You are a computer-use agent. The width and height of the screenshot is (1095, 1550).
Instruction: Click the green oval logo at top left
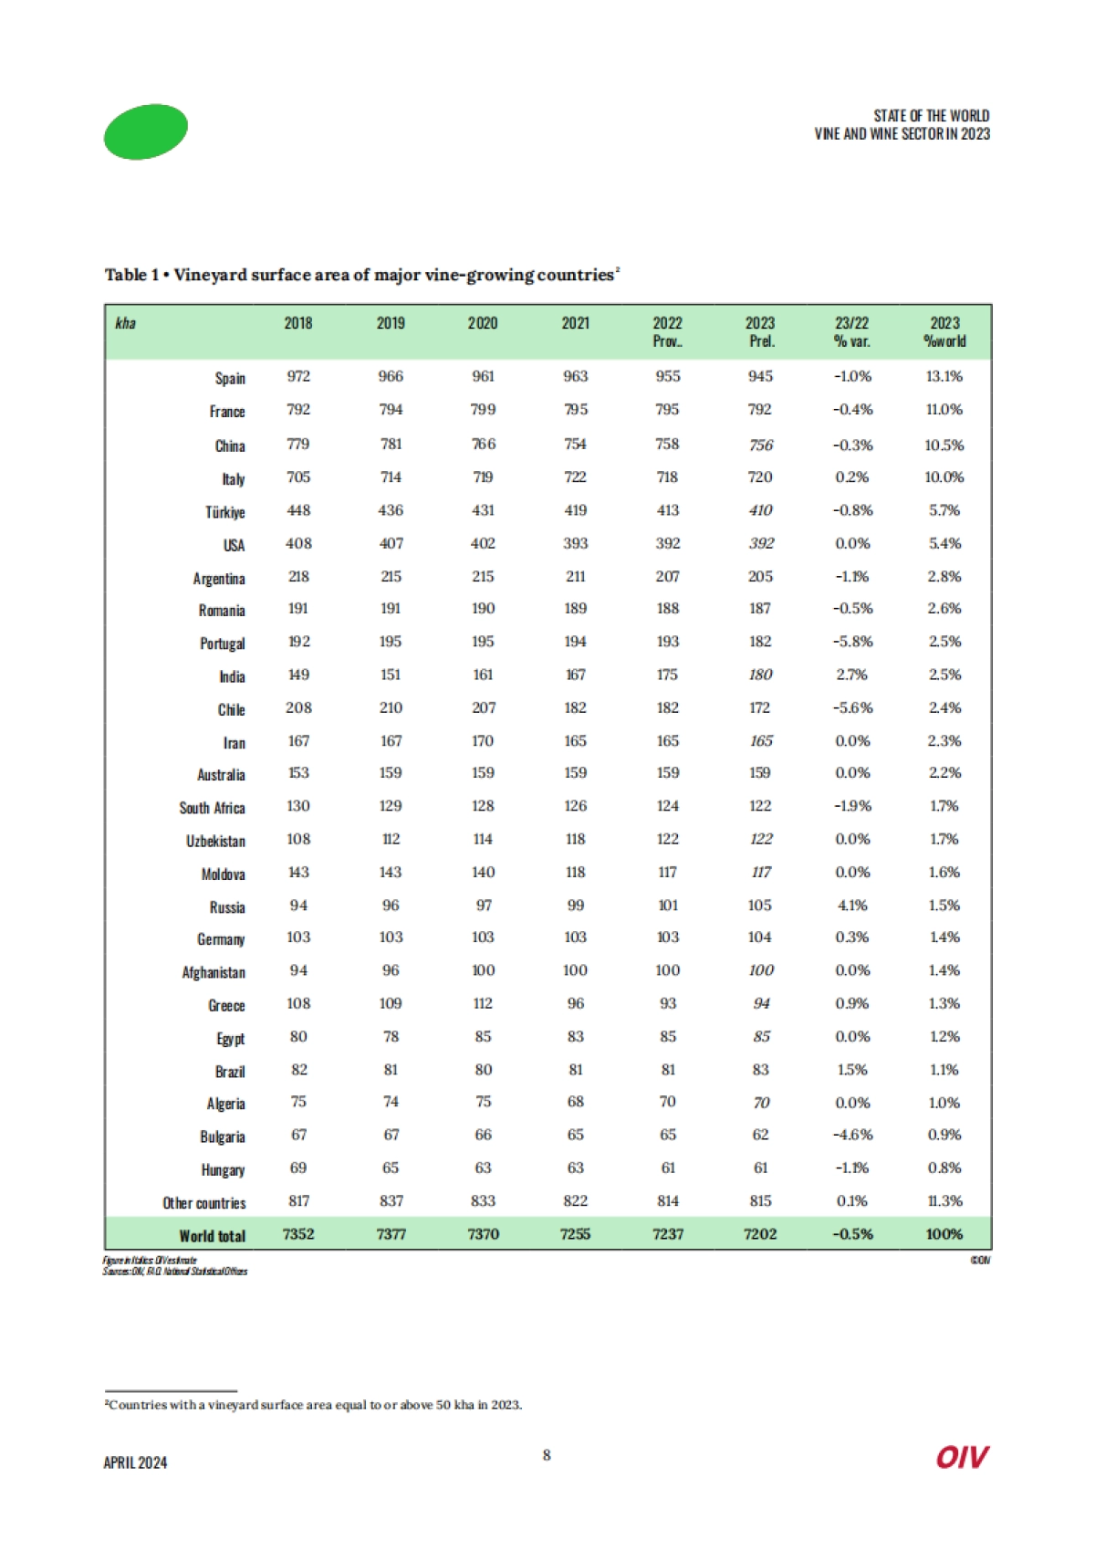(146, 131)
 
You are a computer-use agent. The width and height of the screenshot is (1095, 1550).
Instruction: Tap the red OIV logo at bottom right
(962, 1457)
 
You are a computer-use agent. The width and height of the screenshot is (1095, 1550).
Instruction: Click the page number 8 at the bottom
(547, 1455)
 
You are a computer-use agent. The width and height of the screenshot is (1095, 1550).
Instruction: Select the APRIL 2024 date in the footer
(135, 1462)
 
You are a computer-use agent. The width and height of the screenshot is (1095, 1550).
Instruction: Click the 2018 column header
(298, 323)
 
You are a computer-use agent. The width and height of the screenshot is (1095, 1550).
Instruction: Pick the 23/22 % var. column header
(852, 331)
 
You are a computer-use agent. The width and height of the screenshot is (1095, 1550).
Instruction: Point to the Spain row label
(230, 378)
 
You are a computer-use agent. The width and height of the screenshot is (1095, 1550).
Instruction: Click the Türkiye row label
(224, 512)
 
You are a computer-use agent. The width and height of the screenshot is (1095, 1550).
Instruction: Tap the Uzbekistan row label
(215, 841)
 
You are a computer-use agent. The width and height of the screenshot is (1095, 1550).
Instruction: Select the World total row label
(212, 1236)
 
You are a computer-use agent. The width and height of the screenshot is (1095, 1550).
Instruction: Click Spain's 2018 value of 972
(298, 376)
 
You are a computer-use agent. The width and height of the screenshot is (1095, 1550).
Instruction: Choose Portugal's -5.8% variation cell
(852, 642)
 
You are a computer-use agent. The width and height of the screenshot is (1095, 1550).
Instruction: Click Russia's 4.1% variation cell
(852, 906)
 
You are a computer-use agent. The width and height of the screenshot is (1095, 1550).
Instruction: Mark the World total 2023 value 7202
(760, 1234)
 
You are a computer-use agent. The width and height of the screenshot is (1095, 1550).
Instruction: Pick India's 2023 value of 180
(760, 675)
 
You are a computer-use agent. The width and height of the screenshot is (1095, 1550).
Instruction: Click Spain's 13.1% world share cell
(944, 376)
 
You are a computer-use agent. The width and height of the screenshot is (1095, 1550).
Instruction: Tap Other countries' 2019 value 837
(391, 1201)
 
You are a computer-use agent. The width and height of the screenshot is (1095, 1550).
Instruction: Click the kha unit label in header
(126, 323)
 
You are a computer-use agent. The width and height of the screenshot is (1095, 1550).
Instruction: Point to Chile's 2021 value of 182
(575, 707)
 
